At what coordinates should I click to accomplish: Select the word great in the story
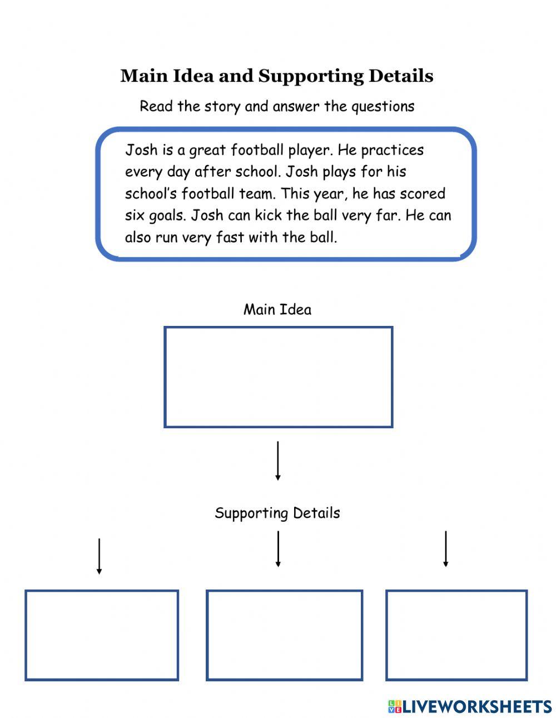207,151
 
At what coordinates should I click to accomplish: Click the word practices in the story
392,151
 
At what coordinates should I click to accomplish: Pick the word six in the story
134,215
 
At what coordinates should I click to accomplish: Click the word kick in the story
268,215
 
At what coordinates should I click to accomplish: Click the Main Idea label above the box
277,309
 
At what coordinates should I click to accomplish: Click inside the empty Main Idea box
278,377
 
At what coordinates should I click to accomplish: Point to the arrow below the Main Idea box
277,460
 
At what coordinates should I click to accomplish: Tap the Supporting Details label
277,513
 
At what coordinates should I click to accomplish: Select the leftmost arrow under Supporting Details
99,556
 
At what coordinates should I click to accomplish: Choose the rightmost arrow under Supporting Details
445,549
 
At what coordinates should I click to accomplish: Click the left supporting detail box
102,635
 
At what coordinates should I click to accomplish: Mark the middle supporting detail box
284,635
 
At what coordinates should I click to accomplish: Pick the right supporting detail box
456,635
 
